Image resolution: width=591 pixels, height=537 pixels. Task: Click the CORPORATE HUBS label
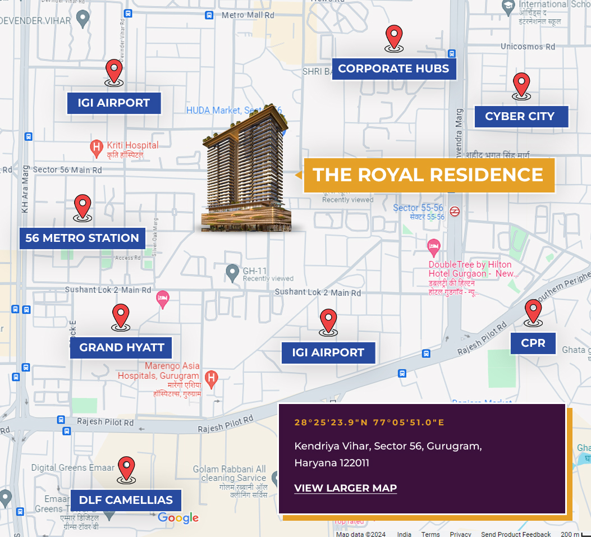(393, 69)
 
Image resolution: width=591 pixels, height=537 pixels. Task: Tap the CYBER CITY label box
(520, 117)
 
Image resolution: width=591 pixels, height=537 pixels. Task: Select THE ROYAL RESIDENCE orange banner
(428, 175)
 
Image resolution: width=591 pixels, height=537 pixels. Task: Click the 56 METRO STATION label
(83, 238)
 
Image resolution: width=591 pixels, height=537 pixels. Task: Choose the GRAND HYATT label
(121, 347)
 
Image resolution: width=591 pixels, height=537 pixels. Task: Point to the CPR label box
(533, 343)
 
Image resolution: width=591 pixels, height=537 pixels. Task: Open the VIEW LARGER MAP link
(345, 488)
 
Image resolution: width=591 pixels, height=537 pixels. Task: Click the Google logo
(178, 518)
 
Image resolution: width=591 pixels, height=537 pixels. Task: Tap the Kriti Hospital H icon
(96, 148)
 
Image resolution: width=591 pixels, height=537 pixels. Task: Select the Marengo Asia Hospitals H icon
(211, 379)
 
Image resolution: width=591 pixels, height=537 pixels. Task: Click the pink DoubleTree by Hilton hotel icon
(433, 246)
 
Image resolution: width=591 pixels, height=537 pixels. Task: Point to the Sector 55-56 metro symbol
(455, 212)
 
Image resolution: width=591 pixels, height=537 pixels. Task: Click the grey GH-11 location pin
(232, 273)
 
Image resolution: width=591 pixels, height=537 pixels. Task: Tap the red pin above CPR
(533, 311)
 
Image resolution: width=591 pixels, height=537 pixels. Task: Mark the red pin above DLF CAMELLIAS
(126, 469)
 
